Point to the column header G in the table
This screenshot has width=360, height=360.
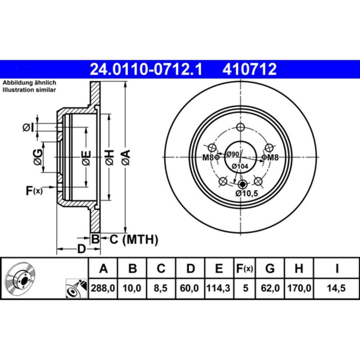(270, 269)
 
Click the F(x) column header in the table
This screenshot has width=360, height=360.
(245, 269)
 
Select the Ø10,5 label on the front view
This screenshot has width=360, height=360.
(246, 193)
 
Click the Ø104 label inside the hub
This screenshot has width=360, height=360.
(240, 166)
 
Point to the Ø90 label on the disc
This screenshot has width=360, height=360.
(232, 154)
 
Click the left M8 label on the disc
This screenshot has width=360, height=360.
(207, 157)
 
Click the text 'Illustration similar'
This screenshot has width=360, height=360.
(29, 90)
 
